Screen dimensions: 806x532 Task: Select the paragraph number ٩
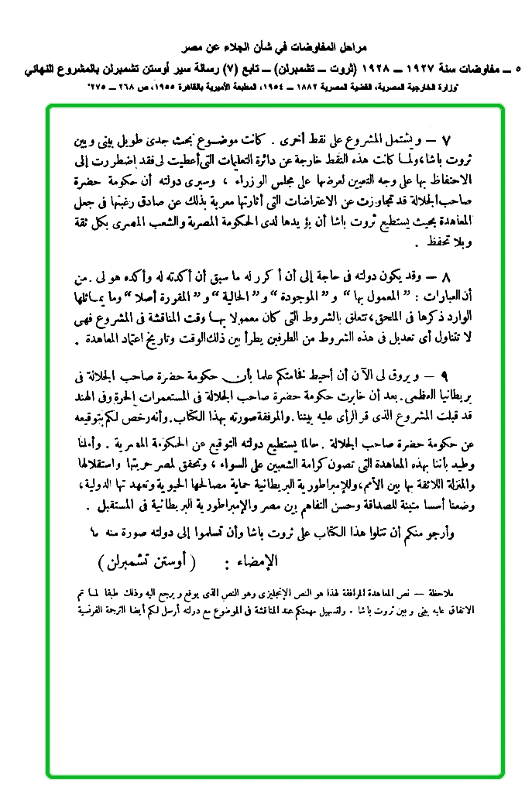click(444, 375)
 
